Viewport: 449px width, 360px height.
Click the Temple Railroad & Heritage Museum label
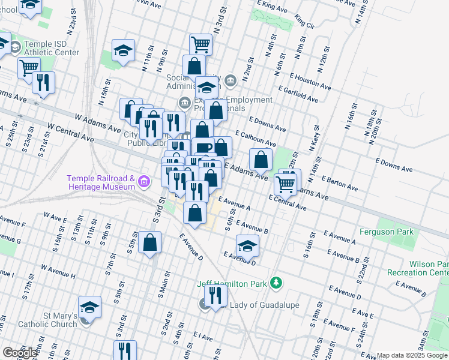pyautogui.click(x=100, y=182)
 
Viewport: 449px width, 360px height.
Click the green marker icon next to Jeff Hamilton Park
pyautogui.click(x=276, y=282)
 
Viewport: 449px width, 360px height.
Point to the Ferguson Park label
pyautogui.click(x=387, y=232)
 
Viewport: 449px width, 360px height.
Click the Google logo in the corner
pyautogui.click(x=20, y=353)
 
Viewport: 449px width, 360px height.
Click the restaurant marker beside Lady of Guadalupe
pyautogui.click(x=214, y=295)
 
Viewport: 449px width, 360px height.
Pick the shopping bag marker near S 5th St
pyautogui.click(x=149, y=242)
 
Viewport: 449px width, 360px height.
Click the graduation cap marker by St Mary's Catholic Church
pyautogui.click(x=89, y=307)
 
